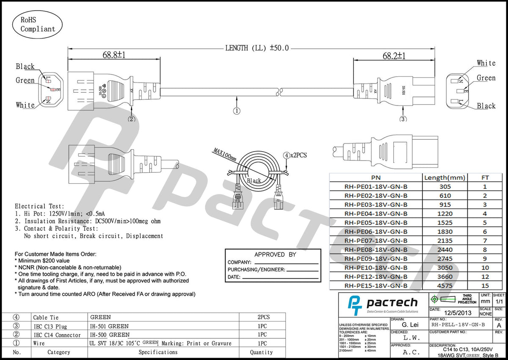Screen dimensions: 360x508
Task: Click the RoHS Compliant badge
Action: [x=38, y=24]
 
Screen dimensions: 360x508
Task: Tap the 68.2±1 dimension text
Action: [x=394, y=56]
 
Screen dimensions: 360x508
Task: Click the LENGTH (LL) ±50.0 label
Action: [x=257, y=48]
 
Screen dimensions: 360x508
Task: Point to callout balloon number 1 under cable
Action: [x=237, y=111]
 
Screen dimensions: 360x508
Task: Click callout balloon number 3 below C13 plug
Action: [x=403, y=119]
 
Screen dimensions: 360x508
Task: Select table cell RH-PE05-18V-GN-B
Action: [x=375, y=223]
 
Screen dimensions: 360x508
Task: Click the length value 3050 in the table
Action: [x=444, y=268]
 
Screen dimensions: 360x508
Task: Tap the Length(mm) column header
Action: [x=444, y=177]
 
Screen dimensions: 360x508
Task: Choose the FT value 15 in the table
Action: [x=485, y=286]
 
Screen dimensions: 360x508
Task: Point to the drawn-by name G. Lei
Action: [x=410, y=325]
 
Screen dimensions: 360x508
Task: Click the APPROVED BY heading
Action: [x=275, y=255]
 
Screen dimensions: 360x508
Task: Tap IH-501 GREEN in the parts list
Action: [x=110, y=326]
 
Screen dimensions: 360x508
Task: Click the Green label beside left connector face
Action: [x=25, y=80]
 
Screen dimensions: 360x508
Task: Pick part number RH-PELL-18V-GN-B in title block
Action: [x=458, y=325]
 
